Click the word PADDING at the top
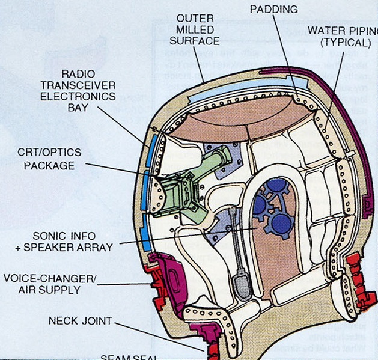pos(273,9)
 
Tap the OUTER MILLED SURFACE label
pos(194,30)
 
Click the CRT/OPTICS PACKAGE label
pos(49,159)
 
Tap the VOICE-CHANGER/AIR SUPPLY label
pos(50,284)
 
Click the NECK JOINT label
pos(81,321)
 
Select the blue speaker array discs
pos(270,207)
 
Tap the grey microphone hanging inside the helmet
pos(242,282)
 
